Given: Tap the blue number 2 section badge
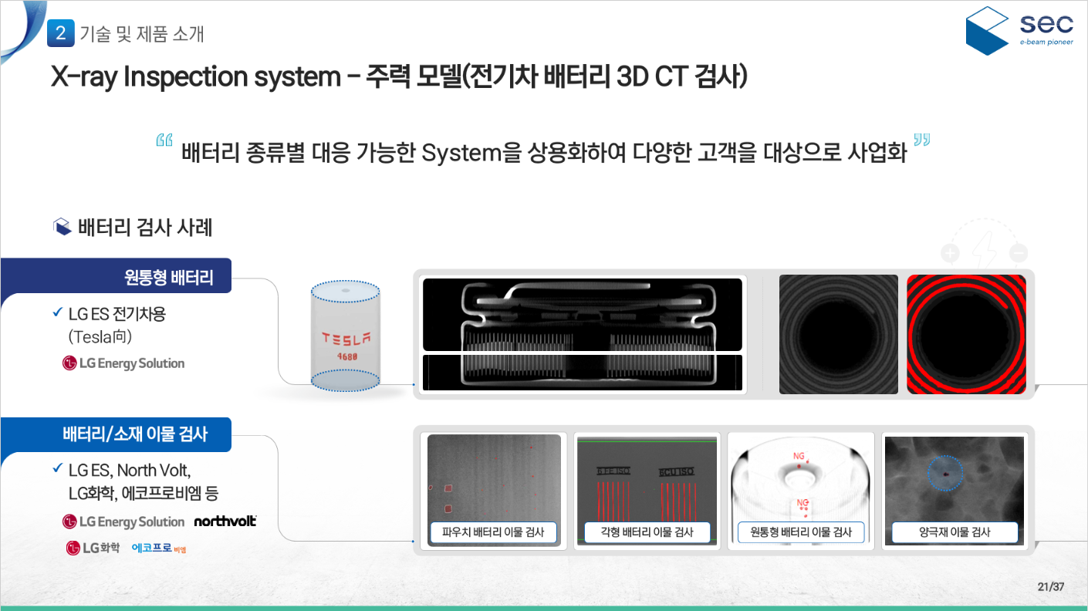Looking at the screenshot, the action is (61, 33).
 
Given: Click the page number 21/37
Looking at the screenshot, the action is (1051, 586).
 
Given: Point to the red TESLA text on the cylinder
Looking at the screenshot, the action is (346, 338).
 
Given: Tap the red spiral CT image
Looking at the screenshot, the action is (966, 334).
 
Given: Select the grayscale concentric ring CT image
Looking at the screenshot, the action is (839, 334).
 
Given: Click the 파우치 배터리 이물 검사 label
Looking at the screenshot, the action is (493, 532).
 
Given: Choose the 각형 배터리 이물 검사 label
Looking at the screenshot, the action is (647, 532).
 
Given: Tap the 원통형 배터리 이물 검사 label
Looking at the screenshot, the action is (801, 532).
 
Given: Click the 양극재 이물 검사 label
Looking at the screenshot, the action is (955, 532).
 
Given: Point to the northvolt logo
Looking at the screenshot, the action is (225, 522).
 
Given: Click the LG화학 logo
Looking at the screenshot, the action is (93, 549).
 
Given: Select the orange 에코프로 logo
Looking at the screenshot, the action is (159, 549).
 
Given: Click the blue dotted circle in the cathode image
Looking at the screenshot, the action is (944, 471).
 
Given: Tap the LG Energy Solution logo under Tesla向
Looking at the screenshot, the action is (123, 363).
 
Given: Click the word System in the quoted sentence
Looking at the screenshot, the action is (461, 153).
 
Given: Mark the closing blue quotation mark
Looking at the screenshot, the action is (922, 140).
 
